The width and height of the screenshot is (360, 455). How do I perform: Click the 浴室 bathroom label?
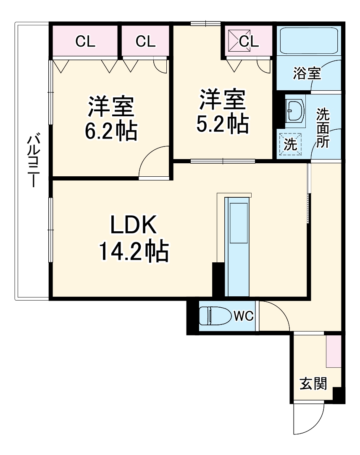pyautogui.click(x=307, y=74)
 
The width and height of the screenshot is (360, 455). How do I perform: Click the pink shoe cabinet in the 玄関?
pyautogui.click(x=334, y=351)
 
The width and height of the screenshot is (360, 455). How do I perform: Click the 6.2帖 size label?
pyautogui.click(x=111, y=132)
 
